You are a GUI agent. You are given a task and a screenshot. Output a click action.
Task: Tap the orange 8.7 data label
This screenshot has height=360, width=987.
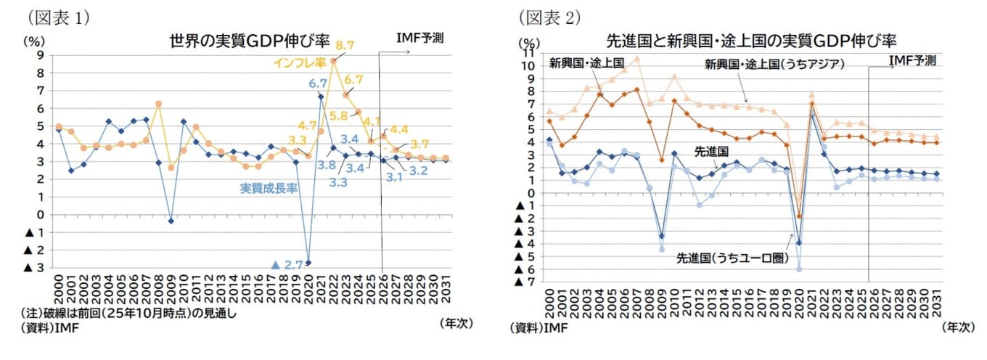click(x=345, y=46)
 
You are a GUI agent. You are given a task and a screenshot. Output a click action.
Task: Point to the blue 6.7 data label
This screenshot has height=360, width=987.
click(x=318, y=83)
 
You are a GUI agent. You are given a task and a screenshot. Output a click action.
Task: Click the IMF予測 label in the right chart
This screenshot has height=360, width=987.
click(x=912, y=60)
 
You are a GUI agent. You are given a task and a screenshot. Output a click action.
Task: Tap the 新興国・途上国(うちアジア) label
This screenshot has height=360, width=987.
click(x=774, y=64)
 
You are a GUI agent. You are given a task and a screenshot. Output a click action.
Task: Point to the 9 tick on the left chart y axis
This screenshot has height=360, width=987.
click(x=41, y=55)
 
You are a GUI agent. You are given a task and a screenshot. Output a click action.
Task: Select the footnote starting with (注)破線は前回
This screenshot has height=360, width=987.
click(x=128, y=314)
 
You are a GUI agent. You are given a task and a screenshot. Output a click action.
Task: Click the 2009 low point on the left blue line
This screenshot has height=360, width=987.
click(x=170, y=221)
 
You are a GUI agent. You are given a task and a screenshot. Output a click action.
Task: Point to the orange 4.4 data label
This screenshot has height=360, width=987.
click(x=398, y=129)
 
